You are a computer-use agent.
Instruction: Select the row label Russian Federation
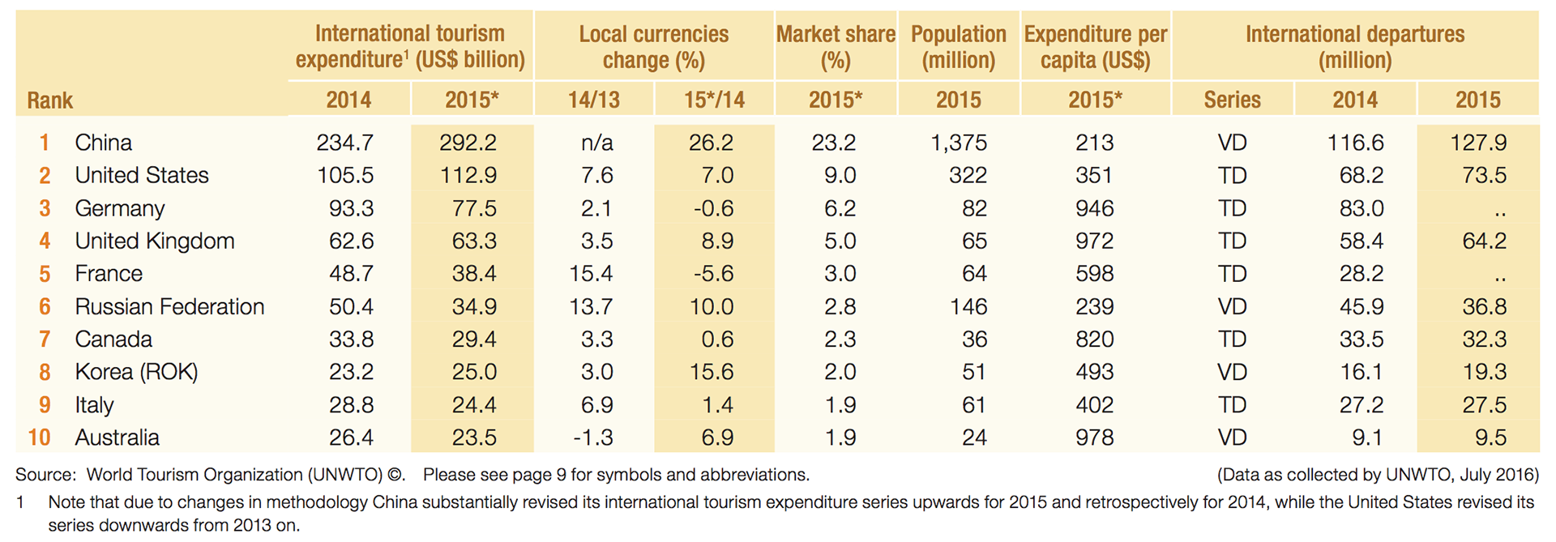coord(169,306)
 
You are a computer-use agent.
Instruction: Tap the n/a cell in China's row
coord(596,143)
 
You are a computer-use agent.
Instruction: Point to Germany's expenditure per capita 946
coord(1094,208)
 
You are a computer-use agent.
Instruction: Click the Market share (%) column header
coord(836,46)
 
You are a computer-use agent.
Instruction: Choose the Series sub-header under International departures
coord(1232,100)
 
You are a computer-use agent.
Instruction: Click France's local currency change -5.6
coord(713,274)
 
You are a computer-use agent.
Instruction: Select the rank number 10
coord(39,437)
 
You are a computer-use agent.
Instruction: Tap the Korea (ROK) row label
coord(136,372)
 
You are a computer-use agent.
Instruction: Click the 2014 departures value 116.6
coord(1355,143)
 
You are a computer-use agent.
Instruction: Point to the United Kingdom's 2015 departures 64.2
coord(1484,241)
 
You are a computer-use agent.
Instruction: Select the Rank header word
coord(49,100)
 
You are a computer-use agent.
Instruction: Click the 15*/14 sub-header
coord(714,100)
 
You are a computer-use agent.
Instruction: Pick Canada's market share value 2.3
coord(840,339)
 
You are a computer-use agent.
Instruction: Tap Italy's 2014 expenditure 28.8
coord(351,404)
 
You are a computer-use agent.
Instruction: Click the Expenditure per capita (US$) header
coord(1095,46)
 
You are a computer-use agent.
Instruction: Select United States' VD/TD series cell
coord(1232,175)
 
